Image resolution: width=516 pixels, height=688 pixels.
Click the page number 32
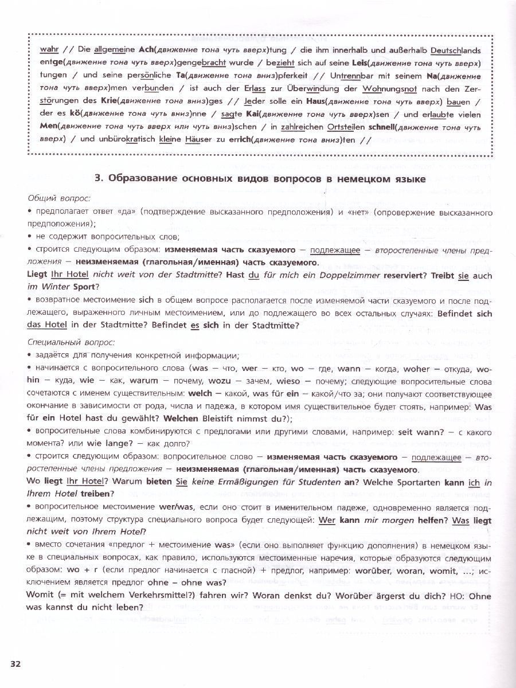tap(15, 663)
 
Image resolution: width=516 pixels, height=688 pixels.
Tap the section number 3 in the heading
tap(97, 179)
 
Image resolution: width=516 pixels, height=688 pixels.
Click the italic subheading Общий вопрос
tap(59, 198)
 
